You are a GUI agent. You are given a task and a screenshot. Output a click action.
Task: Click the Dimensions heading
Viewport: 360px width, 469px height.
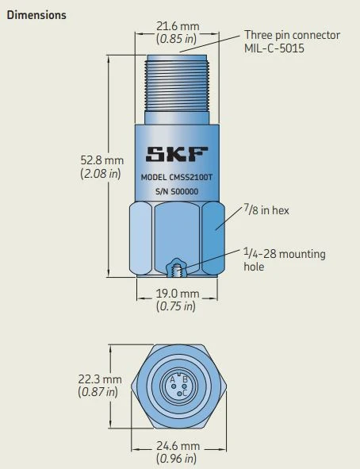point(36,15)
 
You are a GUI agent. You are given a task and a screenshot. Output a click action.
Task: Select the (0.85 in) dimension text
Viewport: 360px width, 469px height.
point(178,38)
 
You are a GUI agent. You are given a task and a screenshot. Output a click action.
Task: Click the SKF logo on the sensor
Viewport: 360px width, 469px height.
point(178,152)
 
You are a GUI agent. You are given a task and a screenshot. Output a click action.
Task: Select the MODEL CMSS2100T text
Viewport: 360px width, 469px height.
point(178,178)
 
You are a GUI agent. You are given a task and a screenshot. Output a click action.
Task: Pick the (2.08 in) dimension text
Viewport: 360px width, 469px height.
point(101,174)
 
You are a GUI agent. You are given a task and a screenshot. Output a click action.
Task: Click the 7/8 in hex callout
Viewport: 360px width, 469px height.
point(265,209)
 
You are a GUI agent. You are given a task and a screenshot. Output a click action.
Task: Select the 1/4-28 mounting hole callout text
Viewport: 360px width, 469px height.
point(284,260)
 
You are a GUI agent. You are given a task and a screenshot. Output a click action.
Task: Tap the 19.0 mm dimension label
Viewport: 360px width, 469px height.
point(178,294)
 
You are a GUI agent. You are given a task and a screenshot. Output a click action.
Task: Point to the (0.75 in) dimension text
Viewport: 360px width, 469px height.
point(178,306)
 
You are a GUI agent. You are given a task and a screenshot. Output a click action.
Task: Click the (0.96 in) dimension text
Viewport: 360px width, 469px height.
point(178,459)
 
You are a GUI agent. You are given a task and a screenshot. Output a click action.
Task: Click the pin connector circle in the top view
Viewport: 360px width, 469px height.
point(178,386)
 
